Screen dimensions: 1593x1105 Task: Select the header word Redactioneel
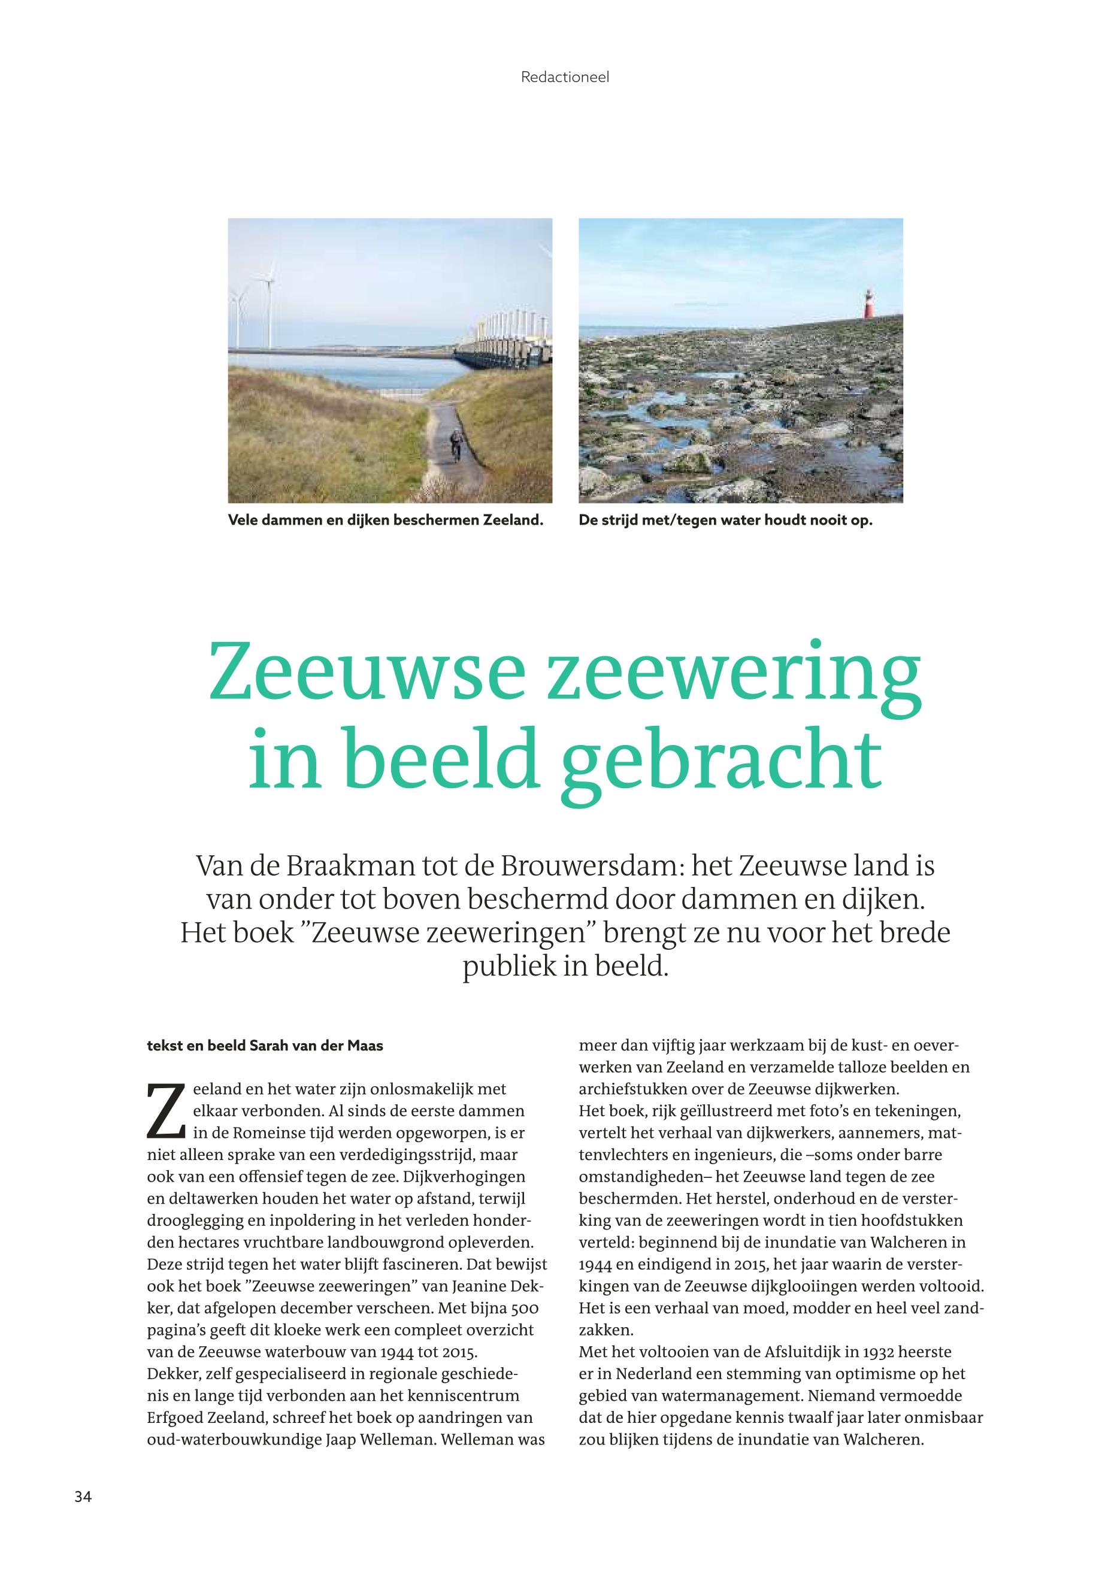point(564,77)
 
